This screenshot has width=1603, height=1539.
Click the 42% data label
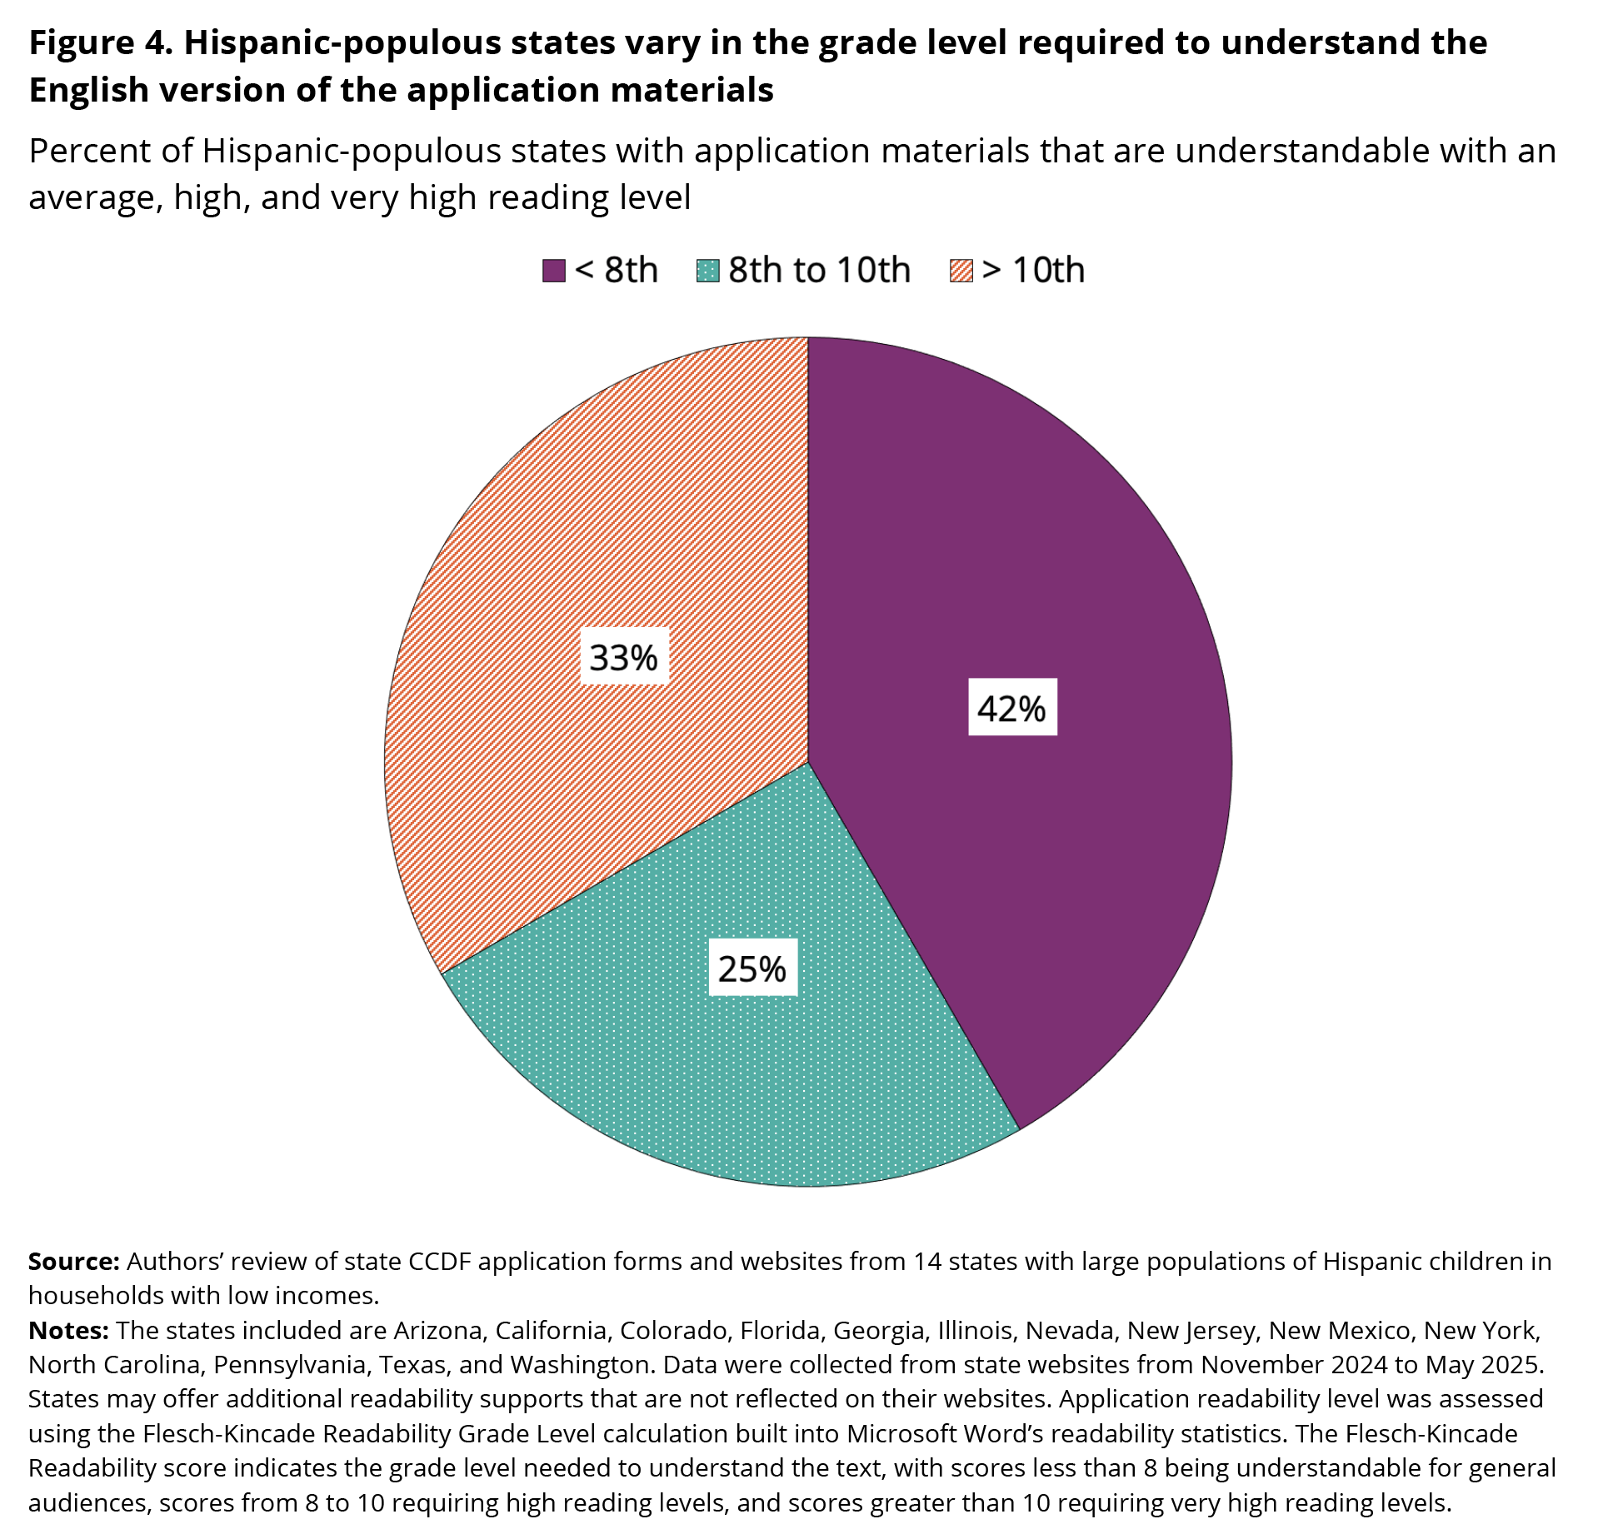coord(1011,709)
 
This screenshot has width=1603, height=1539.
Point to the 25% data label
coord(752,969)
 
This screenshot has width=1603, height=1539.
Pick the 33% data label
coord(623,658)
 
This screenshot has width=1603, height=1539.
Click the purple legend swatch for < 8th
coord(553,271)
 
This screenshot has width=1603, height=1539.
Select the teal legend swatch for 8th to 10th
coord(707,271)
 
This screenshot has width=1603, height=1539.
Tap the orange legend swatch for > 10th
coord(961,271)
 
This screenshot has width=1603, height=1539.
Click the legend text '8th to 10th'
coord(819,271)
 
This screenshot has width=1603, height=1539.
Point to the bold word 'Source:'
coord(74,1262)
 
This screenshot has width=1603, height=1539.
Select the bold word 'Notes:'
coord(69,1331)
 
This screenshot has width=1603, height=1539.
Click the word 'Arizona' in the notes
coord(438,1331)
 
